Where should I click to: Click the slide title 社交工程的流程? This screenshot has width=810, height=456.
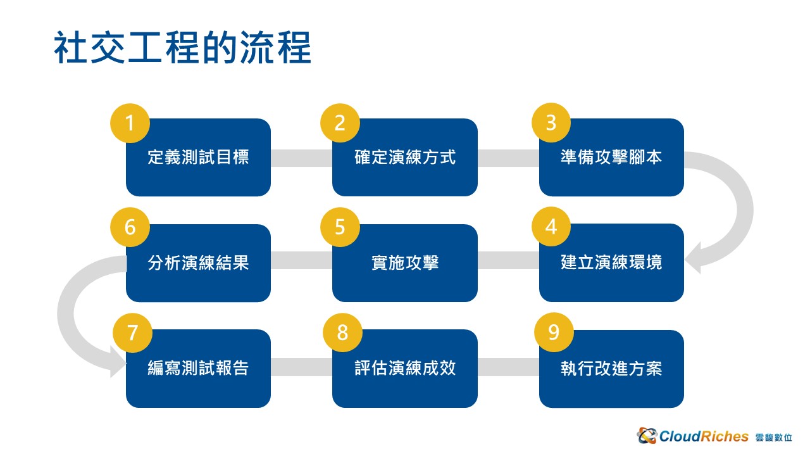coord(183,47)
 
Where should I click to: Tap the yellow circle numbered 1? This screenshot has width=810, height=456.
coord(130,123)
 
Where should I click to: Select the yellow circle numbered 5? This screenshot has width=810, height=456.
coord(340,227)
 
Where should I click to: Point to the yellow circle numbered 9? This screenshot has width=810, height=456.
coord(554,332)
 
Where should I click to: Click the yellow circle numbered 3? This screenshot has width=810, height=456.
coord(551,122)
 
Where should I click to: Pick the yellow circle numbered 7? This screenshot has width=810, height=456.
coord(133,332)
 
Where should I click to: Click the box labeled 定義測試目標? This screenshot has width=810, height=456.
coord(198,158)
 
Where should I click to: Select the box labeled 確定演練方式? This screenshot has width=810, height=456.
coord(405,158)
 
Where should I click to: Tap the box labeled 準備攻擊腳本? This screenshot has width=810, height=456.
coord(611,158)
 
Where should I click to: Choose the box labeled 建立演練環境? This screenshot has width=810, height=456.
coord(611,263)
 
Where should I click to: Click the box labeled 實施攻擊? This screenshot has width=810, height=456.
coord(405,263)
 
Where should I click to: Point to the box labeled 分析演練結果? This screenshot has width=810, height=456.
coord(198,263)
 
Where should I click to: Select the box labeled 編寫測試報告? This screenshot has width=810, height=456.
coord(198,369)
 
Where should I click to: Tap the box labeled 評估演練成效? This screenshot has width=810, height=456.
coord(405,369)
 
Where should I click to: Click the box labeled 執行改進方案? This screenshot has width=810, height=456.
coord(611,369)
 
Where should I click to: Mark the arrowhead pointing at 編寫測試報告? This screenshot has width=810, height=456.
coord(118,362)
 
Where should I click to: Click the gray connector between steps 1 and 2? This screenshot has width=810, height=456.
coord(302,158)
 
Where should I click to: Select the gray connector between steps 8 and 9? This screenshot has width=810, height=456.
coord(508,367)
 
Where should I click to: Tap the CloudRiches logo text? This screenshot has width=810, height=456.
coord(704,436)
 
